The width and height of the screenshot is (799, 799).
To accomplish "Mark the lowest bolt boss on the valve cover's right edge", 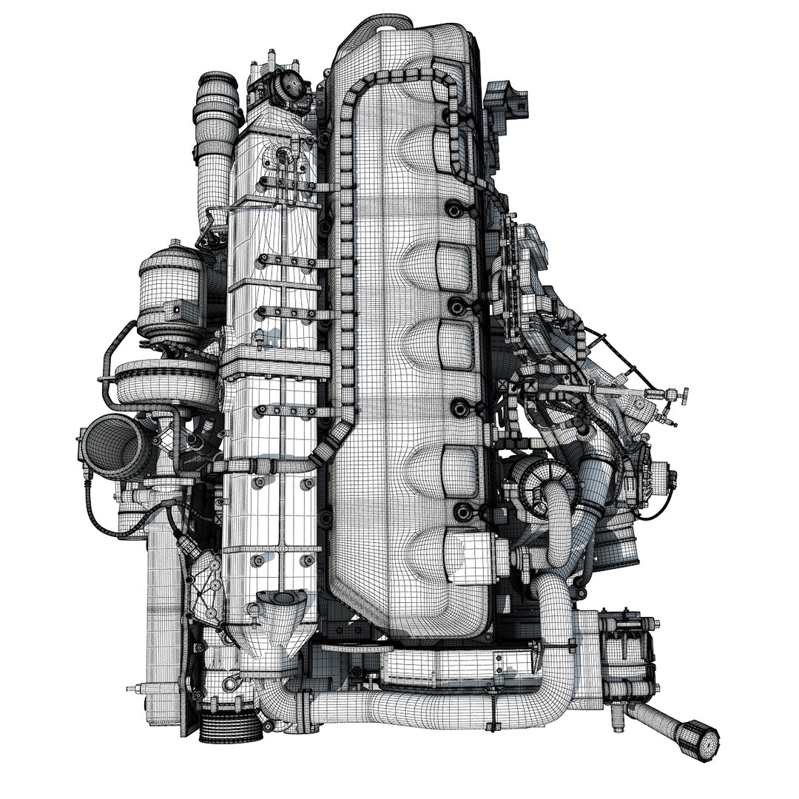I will point(462,510).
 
